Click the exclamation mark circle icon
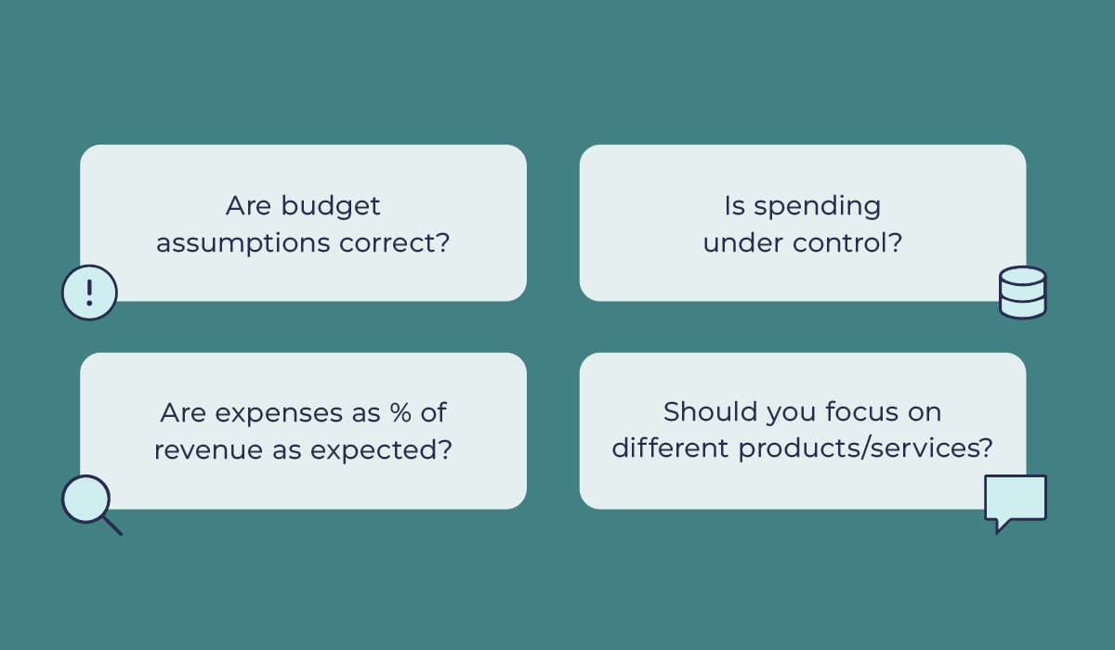[89, 292]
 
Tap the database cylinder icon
[1022, 292]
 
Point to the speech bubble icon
[1015, 501]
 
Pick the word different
[670, 449]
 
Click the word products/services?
[866, 450]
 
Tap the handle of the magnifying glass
[111, 525]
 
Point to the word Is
[735, 205]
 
